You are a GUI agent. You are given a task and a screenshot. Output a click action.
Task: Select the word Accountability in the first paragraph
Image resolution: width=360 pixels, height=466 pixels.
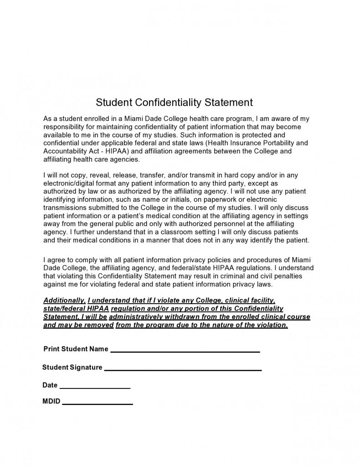click(65, 151)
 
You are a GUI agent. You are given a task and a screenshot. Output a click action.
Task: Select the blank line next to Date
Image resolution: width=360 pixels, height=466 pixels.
click(95, 387)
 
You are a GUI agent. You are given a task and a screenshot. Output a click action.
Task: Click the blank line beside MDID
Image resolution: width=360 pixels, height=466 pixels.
click(98, 404)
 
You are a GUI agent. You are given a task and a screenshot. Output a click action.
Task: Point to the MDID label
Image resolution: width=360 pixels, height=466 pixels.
click(51, 402)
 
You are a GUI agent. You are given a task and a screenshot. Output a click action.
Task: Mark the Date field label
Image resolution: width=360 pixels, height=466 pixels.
click(50, 385)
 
